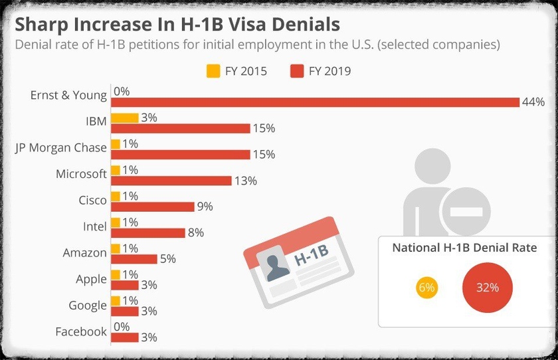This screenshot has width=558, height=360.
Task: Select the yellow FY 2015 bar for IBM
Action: pos(124,118)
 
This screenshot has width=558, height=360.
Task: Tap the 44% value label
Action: pos(533,102)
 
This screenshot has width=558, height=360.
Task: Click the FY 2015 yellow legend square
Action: pos(213,70)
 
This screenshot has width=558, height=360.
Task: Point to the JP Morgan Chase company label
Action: pos(60,147)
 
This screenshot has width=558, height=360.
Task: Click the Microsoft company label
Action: pos(81,174)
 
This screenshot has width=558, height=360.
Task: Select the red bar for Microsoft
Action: pos(171,181)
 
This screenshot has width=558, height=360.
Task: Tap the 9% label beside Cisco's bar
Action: pos(205,207)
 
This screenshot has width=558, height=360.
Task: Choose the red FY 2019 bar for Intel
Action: pos(147,233)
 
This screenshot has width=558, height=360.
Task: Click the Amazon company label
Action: pos(84,252)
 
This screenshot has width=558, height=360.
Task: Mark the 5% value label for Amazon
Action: pos(167,259)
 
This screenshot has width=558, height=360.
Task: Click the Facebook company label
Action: pos(81,331)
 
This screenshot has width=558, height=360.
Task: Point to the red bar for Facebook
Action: pos(124,337)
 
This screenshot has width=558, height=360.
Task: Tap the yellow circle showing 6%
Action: pos(426,288)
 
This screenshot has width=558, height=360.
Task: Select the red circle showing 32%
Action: pos(487,288)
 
